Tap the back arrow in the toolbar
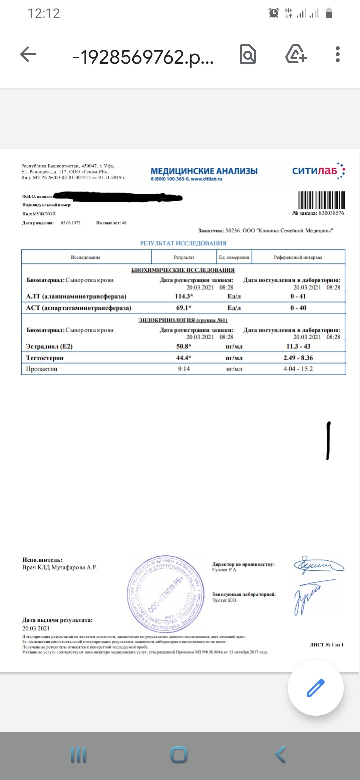coord(28,55)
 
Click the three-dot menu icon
coord(338,55)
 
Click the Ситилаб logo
coord(318,171)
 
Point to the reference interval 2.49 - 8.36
coord(298,358)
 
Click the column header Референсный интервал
coord(298,257)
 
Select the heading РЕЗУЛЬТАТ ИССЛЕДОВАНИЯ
coord(183,243)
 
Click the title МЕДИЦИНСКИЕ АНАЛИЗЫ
coord(204,171)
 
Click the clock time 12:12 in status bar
coord(44,13)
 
